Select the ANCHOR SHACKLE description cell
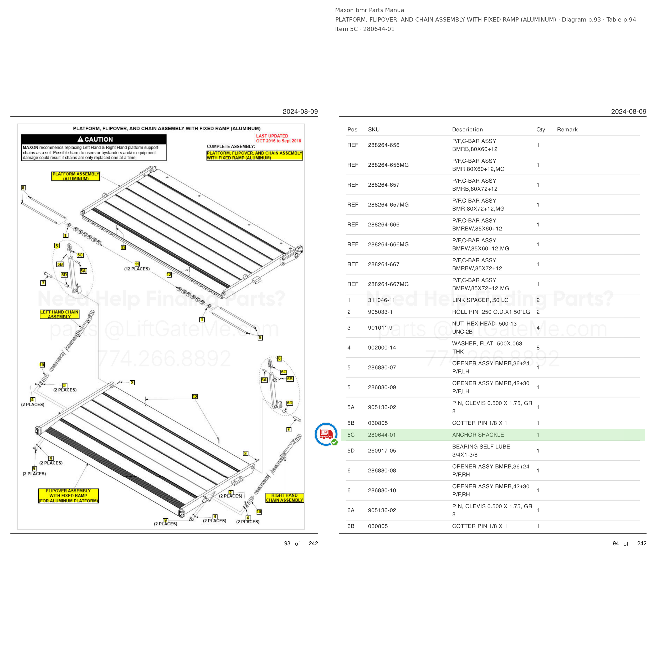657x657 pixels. pos(478,435)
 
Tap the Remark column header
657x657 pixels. pos(567,130)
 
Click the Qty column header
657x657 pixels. pos(541,130)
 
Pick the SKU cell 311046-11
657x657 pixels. pos(382,300)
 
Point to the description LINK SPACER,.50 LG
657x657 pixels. pos(480,300)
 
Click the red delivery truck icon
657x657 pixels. pos(326,434)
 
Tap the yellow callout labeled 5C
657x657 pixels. pos(80,255)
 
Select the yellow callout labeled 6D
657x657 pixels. pos(289,403)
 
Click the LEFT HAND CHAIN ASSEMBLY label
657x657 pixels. pos(59,314)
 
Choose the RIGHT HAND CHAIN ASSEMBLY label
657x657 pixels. pos(285,497)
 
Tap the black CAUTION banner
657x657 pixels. pos(94,139)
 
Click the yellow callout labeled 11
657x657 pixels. pos(137,264)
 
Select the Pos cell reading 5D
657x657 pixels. pos(351,451)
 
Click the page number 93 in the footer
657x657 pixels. pos(287,543)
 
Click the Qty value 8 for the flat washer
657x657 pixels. pos(538,347)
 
